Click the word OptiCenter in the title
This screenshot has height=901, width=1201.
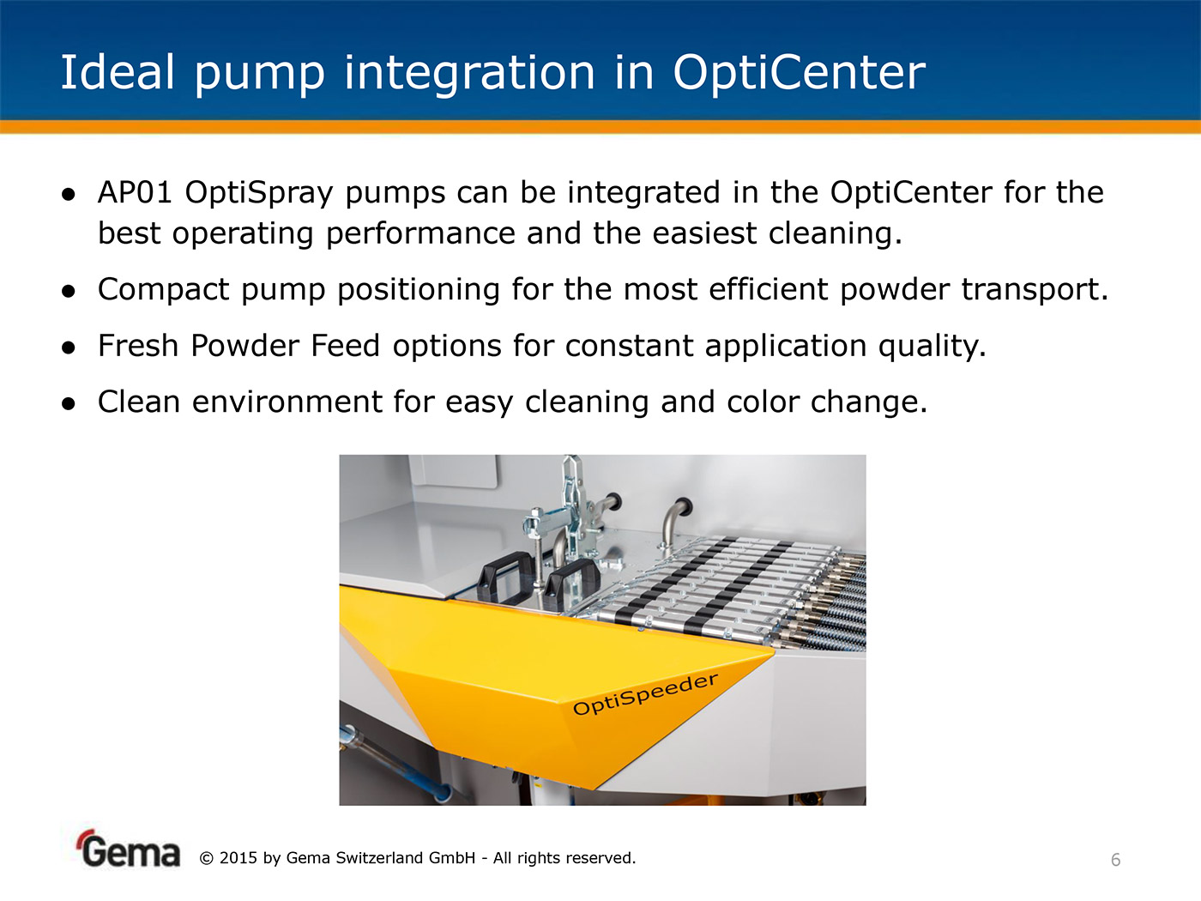click(799, 72)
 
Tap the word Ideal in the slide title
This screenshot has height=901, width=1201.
click(117, 72)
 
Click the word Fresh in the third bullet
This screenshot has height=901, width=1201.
click(138, 345)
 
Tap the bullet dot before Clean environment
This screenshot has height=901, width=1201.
click(69, 403)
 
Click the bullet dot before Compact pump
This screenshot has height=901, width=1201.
click(69, 292)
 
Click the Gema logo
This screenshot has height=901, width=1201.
click(130, 850)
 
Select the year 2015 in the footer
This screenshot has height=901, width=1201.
click(238, 858)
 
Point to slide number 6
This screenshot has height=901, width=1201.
click(1116, 860)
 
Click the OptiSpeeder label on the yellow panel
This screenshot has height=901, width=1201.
click(645, 694)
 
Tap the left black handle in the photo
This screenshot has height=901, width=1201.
click(505, 576)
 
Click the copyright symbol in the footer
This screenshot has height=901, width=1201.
click(206, 858)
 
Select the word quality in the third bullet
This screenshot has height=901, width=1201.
click(932, 347)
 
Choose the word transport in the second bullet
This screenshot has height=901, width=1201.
click(1034, 290)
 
